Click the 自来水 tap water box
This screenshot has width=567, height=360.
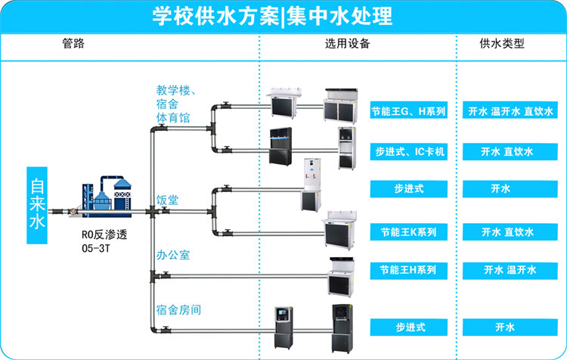(x=38, y=204)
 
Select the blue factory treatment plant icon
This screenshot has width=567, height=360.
(x=104, y=199)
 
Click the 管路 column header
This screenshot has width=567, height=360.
(x=73, y=44)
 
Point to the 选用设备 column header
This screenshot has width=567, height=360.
(x=348, y=44)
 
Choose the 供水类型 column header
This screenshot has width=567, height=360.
(x=502, y=44)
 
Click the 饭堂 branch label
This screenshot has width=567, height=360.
(x=168, y=200)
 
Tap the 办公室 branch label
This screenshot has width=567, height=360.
(x=173, y=255)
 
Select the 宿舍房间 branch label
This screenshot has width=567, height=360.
(x=178, y=309)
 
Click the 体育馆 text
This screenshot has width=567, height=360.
(x=173, y=118)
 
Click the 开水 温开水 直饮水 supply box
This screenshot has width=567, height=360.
(x=510, y=111)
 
